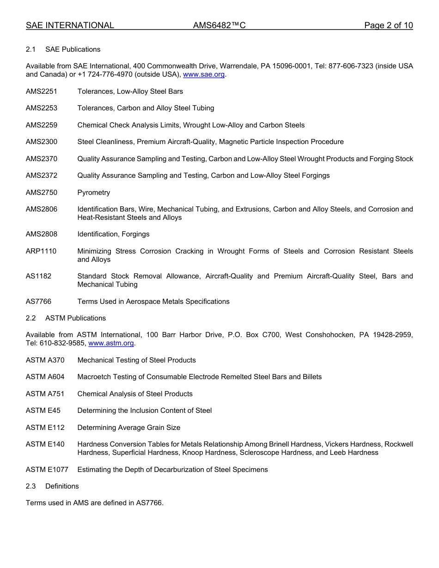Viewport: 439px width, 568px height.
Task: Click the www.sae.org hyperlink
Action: pyautogui.click(x=204, y=74)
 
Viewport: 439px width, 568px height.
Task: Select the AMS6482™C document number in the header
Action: pyautogui.click(x=219, y=26)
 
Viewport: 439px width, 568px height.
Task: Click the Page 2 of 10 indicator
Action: pyautogui.click(x=388, y=26)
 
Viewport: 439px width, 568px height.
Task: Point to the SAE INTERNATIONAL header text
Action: pyautogui.click(x=70, y=26)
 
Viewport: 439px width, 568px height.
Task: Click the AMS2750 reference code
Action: pyautogui.click(x=42, y=193)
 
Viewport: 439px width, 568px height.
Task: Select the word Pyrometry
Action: pyautogui.click(x=94, y=193)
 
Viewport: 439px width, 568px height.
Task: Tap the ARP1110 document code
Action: pyautogui.click(x=41, y=251)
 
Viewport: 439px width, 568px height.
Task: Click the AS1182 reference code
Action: pyautogui.click(x=39, y=276)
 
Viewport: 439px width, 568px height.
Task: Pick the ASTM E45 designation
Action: pyautogui.click(x=43, y=411)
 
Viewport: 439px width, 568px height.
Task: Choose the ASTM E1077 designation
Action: pyautogui.click(x=47, y=470)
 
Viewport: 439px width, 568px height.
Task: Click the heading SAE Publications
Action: pyautogui.click(x=73, y=49)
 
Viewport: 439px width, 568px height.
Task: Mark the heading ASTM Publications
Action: pyautogui.click(x=75, y=318)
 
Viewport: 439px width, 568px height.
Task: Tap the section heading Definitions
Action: pyautogui.click(x=62, y=486)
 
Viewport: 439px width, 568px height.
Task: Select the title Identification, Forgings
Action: pyautogui.click(x=113, y=234)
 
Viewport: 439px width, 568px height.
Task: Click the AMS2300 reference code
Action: pyautogui.click(x=42, y=142)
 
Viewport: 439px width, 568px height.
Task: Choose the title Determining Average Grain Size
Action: pyautogui.click(x=129, y=428)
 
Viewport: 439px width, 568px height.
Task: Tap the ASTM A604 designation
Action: pyautogui.click(x=45, y=377)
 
